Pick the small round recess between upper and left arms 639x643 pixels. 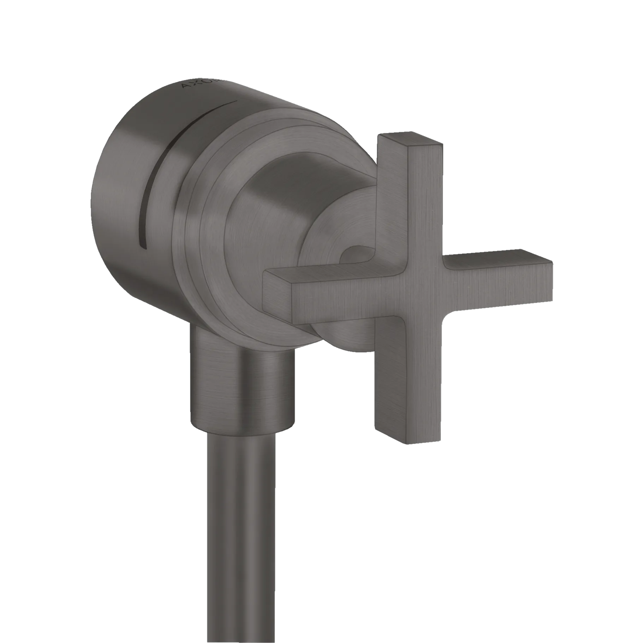tap(357, 258)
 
